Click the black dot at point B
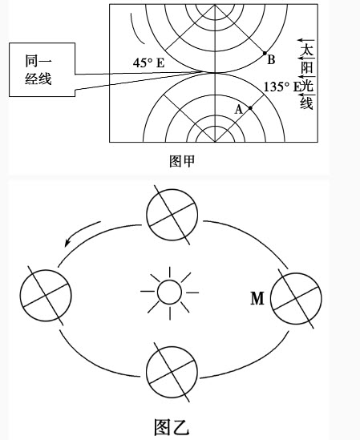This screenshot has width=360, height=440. coord(265,53)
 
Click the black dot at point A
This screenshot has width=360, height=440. coord(250,107)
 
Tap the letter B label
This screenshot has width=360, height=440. coord(271,60)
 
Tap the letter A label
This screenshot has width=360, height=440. coord(238,109)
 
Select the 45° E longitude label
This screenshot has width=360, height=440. coord(148,63)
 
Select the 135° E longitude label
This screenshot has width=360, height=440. coord(281,87)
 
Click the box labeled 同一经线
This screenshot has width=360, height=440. coord(42,70)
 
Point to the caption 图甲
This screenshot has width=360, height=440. coord(182,161)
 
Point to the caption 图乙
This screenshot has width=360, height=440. coord(172,428)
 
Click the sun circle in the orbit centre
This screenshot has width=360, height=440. coord(170,292)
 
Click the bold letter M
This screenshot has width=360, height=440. coord(257,298)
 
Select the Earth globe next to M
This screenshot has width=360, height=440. coord(296,299)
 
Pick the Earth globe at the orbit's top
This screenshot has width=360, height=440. coord(172,215)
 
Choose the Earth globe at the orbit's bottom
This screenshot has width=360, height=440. coord(172,372)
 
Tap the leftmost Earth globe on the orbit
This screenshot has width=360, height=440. coord(46,295)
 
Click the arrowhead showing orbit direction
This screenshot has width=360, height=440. coord(67,242)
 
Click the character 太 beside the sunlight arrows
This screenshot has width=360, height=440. coord(306,50)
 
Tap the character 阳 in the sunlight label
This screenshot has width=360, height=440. coord(306,67)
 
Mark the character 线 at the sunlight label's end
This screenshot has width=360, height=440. coord(306,103)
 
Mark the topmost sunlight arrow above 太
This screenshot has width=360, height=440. coord(306,40)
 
